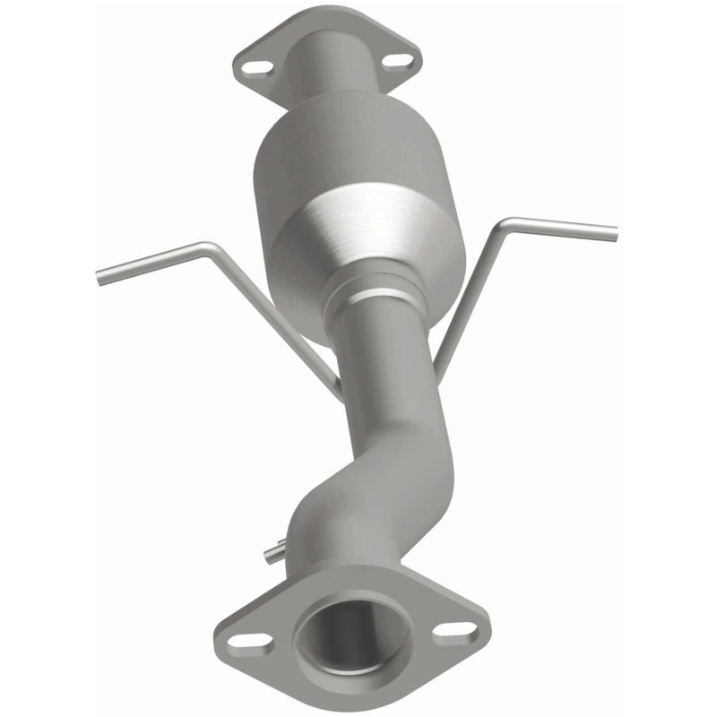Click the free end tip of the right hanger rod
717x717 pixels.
614,231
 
